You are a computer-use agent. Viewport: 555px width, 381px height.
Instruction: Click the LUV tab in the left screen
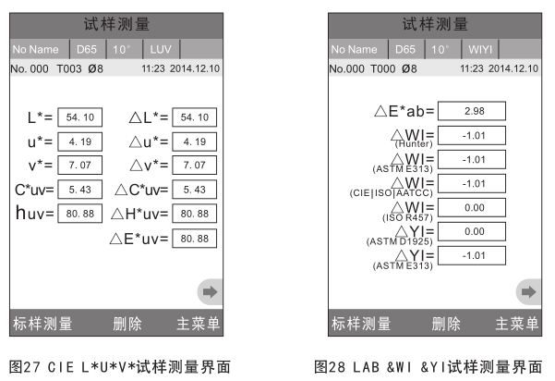pos(162,48)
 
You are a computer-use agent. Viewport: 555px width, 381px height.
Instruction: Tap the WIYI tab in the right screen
pos(480,48)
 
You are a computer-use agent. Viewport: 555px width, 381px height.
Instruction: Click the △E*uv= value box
pos(194,238)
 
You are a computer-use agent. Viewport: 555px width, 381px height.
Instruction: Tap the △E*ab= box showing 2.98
pos(475,111)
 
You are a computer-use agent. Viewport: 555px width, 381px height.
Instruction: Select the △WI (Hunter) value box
pos(475,135)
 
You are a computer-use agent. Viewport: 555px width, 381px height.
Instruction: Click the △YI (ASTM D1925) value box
pos(475,231)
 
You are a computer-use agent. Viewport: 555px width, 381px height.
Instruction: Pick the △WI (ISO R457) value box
pos(475,207)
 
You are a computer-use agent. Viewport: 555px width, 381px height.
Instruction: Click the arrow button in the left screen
pos(211,291)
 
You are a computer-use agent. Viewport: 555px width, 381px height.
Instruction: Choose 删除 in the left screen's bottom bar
pos(127,325)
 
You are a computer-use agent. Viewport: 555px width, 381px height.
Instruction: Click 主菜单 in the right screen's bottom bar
pos(516,325)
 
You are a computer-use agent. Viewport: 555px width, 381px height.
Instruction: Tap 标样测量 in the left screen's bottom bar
pos(42,325)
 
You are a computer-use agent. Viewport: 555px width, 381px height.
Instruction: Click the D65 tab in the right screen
pos(404,48)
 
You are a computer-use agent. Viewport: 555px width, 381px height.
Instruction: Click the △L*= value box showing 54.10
pos(194,117)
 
